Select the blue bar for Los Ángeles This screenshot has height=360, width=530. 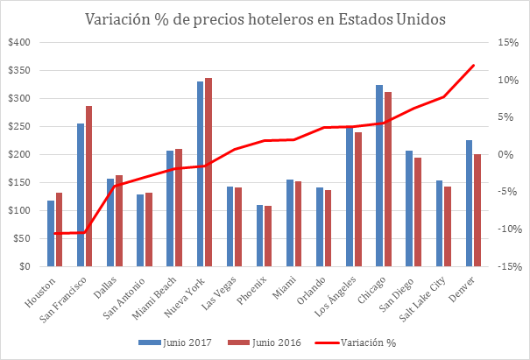click(350, 197)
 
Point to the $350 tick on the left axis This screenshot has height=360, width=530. click(18, 70)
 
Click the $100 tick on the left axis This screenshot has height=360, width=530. click(18, 210)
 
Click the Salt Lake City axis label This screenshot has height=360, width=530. click(429, 294)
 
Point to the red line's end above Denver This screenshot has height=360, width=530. click(474, 65)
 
